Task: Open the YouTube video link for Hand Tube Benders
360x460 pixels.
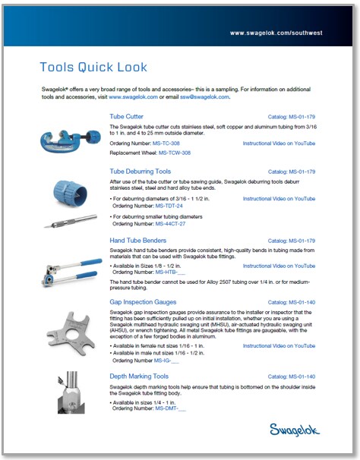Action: [x=279, y=266]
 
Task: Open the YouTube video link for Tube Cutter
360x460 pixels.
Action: [x=279, y=143]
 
